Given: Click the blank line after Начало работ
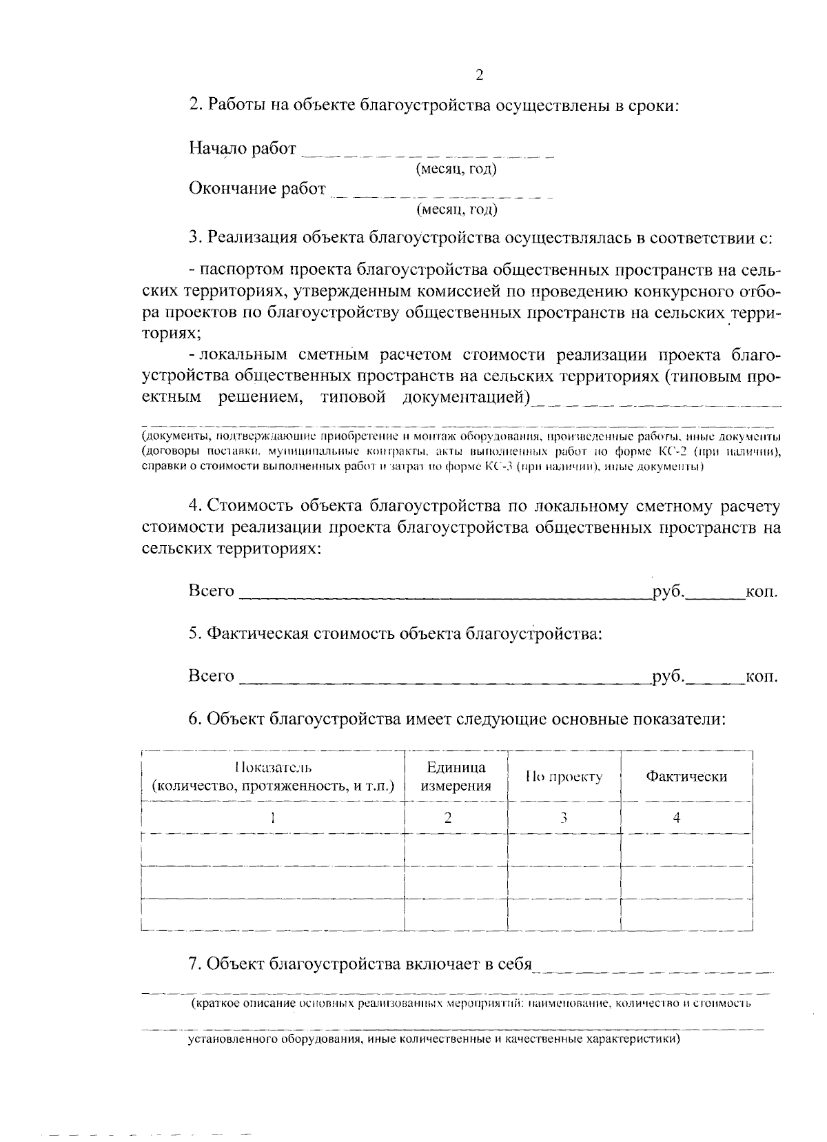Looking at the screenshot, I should (428, 154).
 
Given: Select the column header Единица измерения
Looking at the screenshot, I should (456, 776).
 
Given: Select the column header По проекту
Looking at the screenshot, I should (564, 777).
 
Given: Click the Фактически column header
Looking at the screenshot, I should (686, 777).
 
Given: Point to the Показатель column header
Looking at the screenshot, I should (273, 776).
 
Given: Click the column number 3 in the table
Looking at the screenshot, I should (564, 818).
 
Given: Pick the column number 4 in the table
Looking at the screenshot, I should (677, 818).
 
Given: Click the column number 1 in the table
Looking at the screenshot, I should (273, 818).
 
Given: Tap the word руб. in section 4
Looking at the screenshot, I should (666, 591).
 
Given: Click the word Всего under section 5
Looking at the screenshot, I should (211, 676).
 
